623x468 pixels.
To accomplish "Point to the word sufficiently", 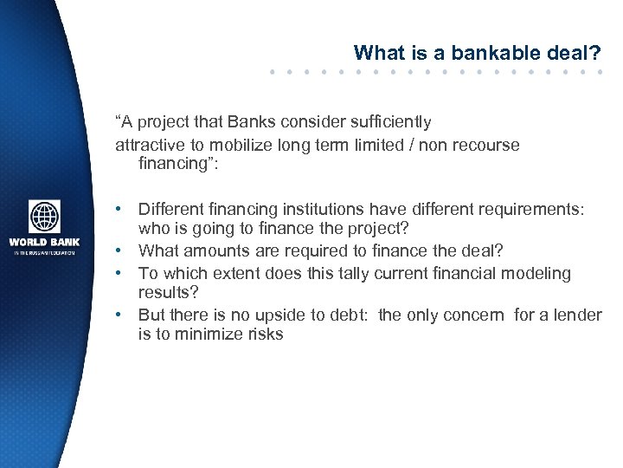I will coord(389,122).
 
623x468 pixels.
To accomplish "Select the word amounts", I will coord(209,250).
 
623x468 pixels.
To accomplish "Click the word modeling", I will coord(540,273).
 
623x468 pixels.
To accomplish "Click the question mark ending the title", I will coord(595,53).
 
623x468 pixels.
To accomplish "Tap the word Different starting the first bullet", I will coord(171,210).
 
